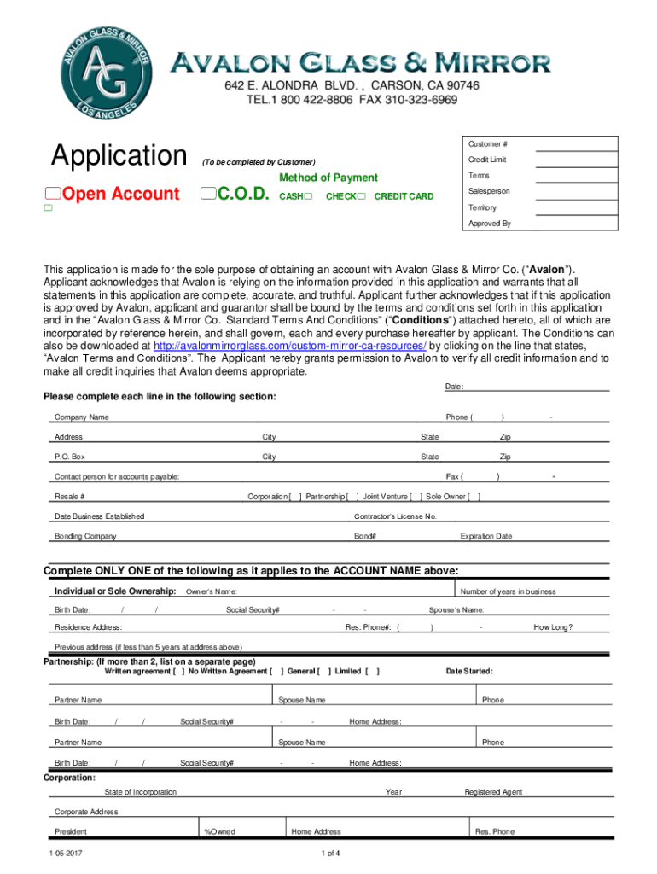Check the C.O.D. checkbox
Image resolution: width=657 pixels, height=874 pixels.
(x=207, y=195)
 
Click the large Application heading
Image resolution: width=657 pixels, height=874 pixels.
(x=119, y=156)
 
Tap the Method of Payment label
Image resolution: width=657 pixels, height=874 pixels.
(x=328, y=178)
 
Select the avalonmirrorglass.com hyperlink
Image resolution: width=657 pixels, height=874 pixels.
(x=289, y=346)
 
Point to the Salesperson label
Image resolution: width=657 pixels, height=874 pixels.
(x=489, y=192)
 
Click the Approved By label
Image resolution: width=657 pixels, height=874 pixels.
(x=490, y=224)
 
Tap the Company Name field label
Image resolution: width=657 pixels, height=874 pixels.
(x=82, y=417)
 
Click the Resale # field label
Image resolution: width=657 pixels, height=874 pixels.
(x=69, y=497)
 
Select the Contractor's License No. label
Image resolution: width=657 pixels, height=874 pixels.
(x=395, y=516)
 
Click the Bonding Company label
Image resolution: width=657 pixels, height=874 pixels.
(x=85, y=536)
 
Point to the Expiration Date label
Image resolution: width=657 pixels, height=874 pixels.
(x=485, y=536)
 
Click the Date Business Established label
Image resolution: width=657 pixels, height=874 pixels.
(x=99, y=516)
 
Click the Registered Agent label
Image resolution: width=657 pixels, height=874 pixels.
(x=493, y=792)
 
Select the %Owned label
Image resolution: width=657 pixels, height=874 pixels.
(x=220, y=831)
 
